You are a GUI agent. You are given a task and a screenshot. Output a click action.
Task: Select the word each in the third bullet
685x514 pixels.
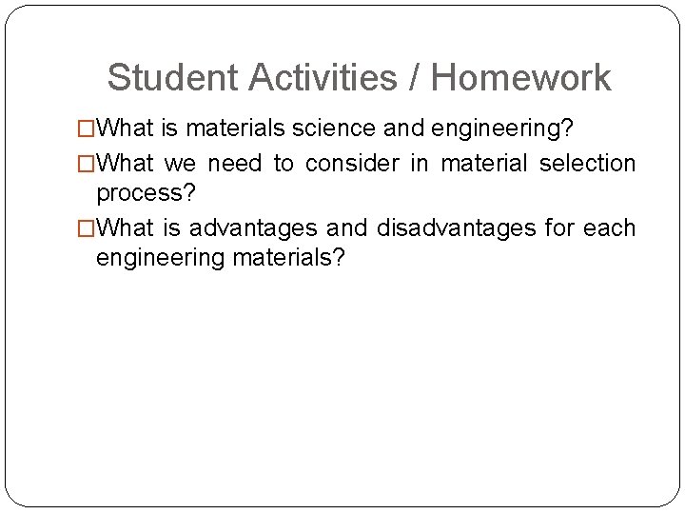[x=611, y=228]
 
